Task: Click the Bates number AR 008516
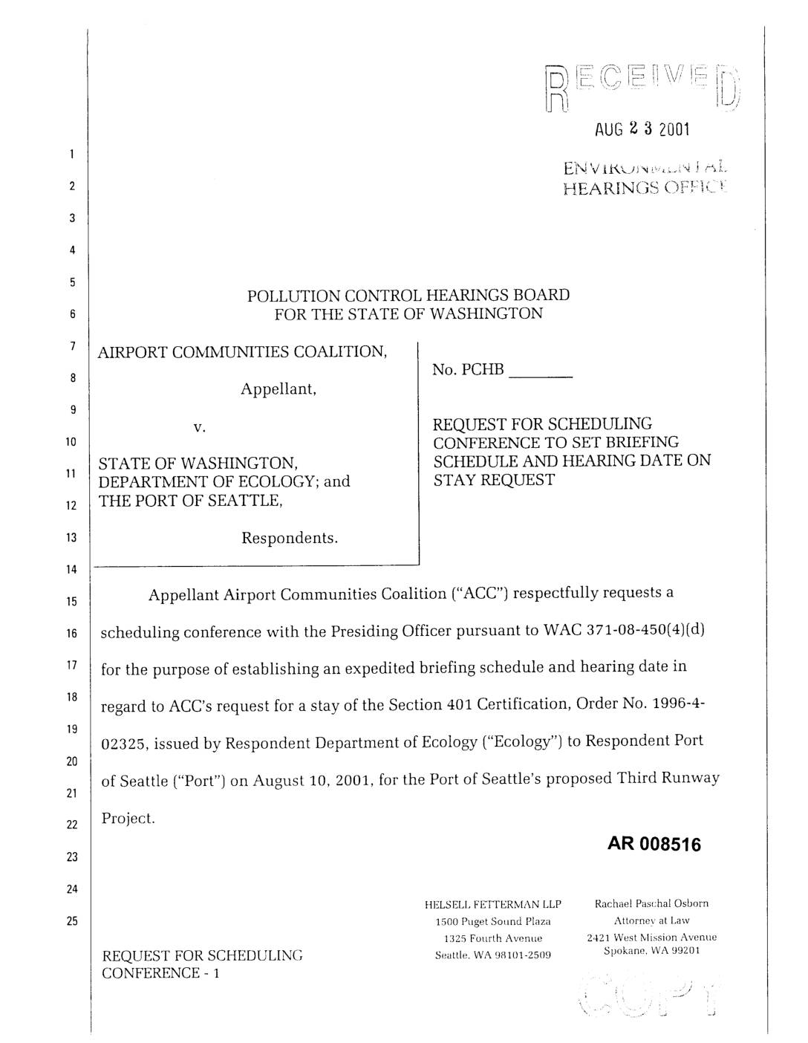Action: pyautogui.click(x=654, y=845)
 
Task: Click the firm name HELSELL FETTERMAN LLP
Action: pyautogui.click(x=492, y=904)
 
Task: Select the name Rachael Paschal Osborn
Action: pyautogui.click(x=651, y=903)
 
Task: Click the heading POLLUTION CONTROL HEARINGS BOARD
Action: pyautogui.click(x=408, y=295)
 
